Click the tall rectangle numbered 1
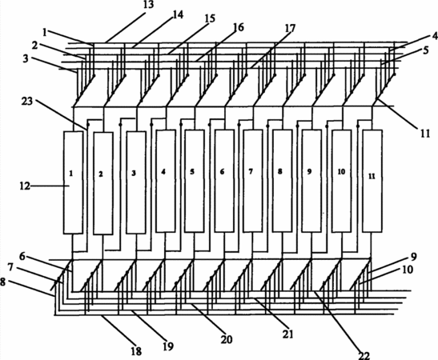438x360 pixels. pyautogui.click(x=73, y=182)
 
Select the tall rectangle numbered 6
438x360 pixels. pyautogui.click(x=224, y=181)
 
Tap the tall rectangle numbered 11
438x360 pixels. pyautogui.click(x=372, y=181)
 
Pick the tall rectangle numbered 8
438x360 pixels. pyautogui.click(x=283, y=181)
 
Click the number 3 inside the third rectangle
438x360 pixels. pyautogui.click(x=134, y=173)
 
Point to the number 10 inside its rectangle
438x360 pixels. pyautogui.click(x=341, y=172)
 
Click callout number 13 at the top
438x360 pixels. pyautogui.click(x=148, y=5)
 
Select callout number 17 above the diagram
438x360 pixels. pyautogui.click(x=290, y=29)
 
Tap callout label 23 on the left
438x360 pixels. pyautogui.click(x=27, y=101)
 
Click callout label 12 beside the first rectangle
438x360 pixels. pyautogui.click(x=25, y=186)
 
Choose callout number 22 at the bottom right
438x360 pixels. pyautogui.click(x=364, y=355)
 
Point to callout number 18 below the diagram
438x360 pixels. pyautogui.click(x=136, y=351)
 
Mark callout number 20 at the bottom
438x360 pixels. pyautogui.click(x=227, y=340)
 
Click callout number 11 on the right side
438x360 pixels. pyautogui.click(x=425, y=134)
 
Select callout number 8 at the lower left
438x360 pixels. pyautogui.click(x=2, y=282)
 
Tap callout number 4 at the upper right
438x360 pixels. pyautogui.click(x=435, y=36)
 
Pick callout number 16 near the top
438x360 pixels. pyautogui.click(x=238, y=27)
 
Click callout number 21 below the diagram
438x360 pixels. pyautogui.click(x=287, y=334)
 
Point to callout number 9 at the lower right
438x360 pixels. pyautogui.click(x=414, y=257)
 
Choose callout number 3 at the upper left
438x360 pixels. pyautogui.click(x=26, y=59)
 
